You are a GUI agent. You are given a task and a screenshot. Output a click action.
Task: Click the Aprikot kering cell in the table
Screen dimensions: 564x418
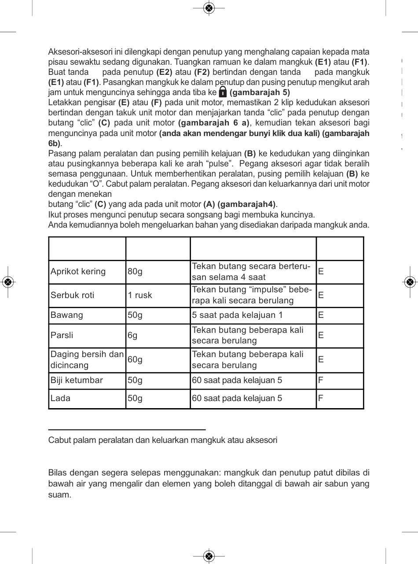(78, 272)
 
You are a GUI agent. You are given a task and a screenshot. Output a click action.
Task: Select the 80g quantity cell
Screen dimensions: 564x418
(135, 272)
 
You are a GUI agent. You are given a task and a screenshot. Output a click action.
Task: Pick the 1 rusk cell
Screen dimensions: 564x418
(140, 295)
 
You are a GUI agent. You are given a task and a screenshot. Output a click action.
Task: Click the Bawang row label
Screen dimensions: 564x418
(67, 316)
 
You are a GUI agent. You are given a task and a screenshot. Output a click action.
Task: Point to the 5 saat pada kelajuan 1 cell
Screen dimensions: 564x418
(238, 316)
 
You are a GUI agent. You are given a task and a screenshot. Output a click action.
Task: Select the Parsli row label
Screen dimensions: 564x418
(62, 335)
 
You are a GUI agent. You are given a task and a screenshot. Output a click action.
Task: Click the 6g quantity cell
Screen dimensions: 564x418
(132, 335)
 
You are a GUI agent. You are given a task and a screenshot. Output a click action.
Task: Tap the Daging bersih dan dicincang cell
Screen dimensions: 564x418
(87, 360)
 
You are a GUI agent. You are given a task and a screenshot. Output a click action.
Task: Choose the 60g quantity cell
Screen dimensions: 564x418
(135, 360)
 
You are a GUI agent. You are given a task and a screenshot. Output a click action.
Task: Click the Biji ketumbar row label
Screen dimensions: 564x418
(77, 380)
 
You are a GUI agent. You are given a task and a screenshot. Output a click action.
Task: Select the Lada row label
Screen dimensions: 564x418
(61, 398)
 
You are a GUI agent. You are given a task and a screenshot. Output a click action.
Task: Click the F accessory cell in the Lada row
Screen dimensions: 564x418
(321, 398)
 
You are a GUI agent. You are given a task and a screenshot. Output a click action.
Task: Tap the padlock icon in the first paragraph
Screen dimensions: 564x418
(223, 92)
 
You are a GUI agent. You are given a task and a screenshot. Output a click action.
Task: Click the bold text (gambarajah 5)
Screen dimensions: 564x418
(260, 93)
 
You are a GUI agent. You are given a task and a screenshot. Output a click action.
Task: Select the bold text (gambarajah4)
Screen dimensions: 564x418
(247, 204)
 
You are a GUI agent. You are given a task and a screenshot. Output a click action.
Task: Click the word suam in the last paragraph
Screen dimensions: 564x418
(59, 495)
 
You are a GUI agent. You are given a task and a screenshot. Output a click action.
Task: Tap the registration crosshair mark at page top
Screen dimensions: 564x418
(209, 8)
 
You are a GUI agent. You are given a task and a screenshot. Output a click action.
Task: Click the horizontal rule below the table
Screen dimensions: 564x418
(127, 429)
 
